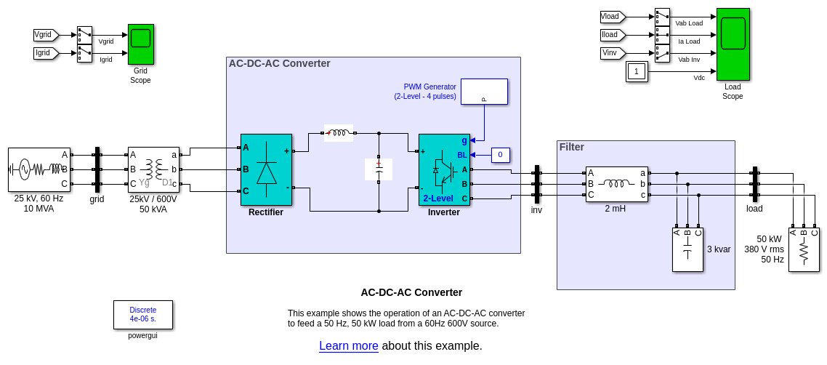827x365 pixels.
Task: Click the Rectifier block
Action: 266,169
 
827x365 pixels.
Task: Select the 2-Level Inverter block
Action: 444,169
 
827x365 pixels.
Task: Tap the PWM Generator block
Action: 484,92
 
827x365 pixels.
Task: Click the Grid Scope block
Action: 141,44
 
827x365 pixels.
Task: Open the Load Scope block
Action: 733,44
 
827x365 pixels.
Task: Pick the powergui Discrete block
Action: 143,315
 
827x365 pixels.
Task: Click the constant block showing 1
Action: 637,71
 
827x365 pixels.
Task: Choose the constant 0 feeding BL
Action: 500,155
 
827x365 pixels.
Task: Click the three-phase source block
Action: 39,169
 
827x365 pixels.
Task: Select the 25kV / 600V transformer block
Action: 153,169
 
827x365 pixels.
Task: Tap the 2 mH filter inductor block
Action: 617,184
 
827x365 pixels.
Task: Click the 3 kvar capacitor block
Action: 687,250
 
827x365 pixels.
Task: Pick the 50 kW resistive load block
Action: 804,250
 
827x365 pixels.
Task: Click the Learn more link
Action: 349,346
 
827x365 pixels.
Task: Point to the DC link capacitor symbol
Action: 379,169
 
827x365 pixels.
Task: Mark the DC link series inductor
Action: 338,133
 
